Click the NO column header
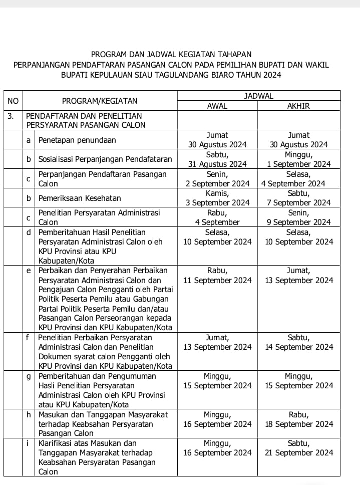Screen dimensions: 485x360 pos(13,101)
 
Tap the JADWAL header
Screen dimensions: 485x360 pos(258,96)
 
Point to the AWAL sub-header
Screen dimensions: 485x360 pos(217,106)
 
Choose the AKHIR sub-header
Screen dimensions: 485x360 pos(299,106)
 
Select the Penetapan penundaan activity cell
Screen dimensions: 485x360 pos(77,140)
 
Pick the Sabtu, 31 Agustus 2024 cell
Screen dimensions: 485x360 pos(217,159)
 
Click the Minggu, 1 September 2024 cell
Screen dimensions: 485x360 pos(299,159)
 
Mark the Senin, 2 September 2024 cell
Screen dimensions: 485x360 pos(217,179)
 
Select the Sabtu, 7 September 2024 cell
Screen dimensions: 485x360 pos(299,198)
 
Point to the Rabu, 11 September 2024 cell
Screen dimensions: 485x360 pos(217,276)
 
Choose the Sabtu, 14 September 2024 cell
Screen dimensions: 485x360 pos(299,342)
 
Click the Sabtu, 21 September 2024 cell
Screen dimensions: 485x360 pos(299,448)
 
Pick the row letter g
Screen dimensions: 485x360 pos(29,376)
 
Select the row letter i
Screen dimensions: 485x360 pos(29,443)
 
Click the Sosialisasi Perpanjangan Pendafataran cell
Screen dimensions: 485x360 pos(105,159)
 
